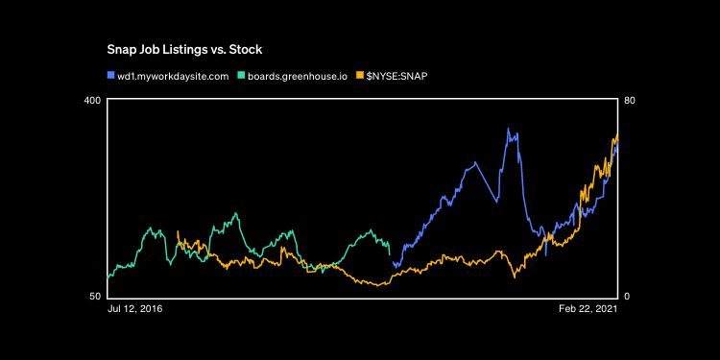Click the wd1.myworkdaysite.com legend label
tap(172, 75)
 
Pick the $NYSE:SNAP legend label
tap(396, 75)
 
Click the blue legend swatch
tap(110, 75)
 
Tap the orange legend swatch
tap(359, 75)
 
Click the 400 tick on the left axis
tap(92, 101)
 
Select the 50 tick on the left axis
tap(95, 296)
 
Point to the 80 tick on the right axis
tap(630, 101)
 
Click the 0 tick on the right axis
tap(627, 296)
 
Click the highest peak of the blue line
tap(509, 129)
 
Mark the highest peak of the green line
tap(236, 213)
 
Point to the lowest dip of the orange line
tap(381, 285)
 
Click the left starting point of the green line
tap(108, 277)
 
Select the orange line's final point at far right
tap(616, 135)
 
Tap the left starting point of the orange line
tap(178, 231)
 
